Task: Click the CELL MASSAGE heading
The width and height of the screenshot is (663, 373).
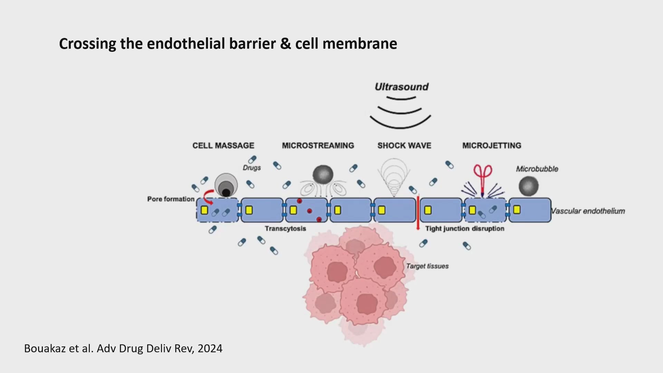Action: point(223,145)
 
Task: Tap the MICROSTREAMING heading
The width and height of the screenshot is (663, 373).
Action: point(318,145)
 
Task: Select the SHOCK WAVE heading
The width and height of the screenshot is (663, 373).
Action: point(404,145)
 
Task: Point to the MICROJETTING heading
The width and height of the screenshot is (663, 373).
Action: point(492,145)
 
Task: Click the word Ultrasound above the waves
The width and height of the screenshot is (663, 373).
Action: point(402,87)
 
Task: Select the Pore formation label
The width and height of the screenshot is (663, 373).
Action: point(171,199)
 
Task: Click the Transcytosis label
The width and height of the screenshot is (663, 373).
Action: point(285,228)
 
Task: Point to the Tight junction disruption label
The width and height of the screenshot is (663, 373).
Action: point(464,228)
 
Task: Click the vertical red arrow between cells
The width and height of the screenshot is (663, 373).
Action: point(418,213)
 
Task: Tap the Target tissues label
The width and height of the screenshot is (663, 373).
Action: point(427,266)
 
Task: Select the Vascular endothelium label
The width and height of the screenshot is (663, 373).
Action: point(588,211)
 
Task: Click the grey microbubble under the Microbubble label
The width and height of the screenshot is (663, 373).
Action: point(529,186)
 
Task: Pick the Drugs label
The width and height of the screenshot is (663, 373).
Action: point(252,168)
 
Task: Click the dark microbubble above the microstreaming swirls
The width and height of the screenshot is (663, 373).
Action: point(323,175)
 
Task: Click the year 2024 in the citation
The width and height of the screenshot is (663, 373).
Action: point(210,348)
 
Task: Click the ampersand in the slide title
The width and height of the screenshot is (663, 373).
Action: point(286,44)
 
